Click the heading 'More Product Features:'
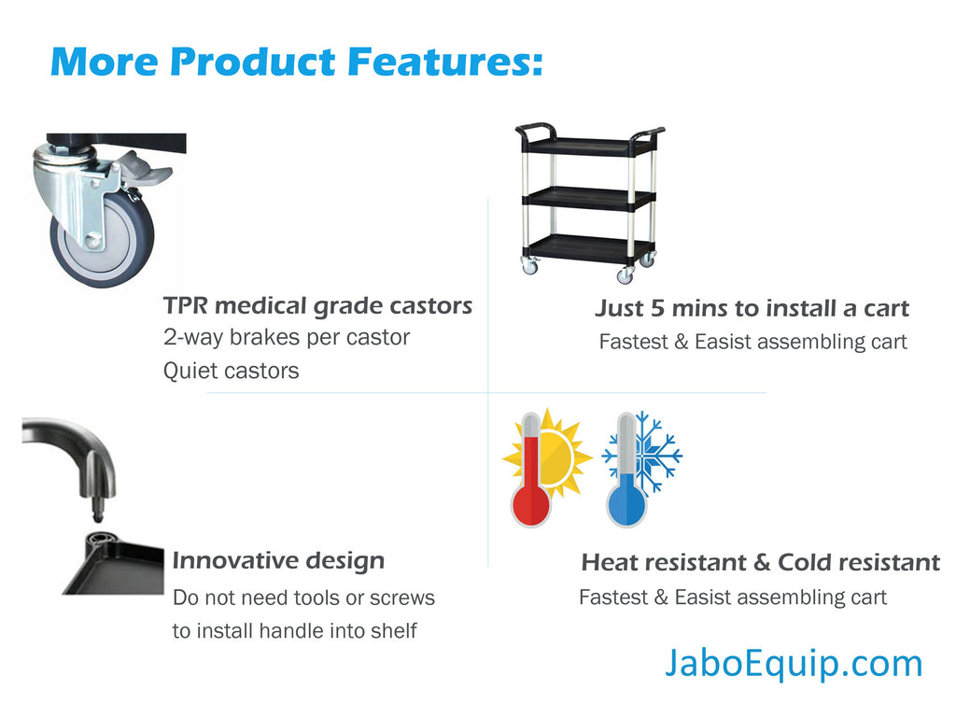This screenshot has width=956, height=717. coord(296,63)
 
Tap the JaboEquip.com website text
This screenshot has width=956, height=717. coord(794,664)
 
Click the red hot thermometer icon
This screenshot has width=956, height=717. coord(531,471)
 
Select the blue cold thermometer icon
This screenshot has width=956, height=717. coord(626,471)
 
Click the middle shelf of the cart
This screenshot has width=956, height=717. coord(588,199)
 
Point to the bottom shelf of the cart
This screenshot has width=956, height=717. coord(588,247)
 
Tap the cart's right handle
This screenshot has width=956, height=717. coord(648,135)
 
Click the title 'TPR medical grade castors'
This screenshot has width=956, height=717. coord(317,306)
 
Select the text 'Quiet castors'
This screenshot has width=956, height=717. coord(232,371)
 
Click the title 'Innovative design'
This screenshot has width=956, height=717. coord(278,561)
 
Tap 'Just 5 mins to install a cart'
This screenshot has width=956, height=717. coord(752,308)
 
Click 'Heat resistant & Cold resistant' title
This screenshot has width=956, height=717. coord(761,562)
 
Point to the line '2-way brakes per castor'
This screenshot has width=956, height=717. coord(287,337)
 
